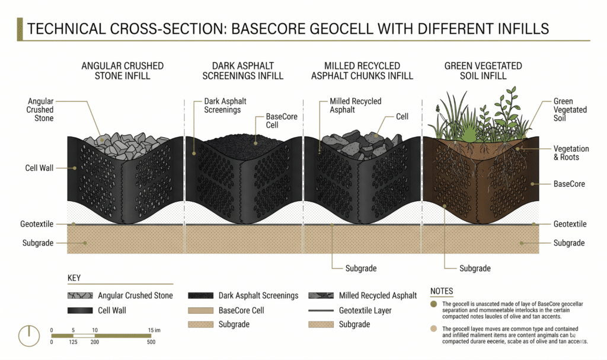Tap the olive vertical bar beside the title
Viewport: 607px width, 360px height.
[20, 29]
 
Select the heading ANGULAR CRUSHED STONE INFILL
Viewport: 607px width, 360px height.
[122, 71]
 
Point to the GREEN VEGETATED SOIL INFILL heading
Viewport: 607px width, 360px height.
[483, 71]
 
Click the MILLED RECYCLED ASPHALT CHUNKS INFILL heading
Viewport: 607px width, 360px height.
[362, 71]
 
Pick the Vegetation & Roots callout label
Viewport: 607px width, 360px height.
[571, 153]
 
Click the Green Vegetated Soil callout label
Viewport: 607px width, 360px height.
[570, 110]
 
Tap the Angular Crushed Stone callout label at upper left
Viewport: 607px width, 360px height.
[40, 110]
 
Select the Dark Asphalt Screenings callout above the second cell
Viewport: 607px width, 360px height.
[225, 106]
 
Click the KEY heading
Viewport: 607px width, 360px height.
[74, 278]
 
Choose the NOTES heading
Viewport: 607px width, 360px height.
[441, 291]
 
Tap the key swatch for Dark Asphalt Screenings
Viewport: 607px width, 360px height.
[200, 296]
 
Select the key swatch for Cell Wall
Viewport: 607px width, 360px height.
[80, 310]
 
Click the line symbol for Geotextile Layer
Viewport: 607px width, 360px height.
[321, 310]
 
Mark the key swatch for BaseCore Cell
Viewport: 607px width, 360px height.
[200, 310]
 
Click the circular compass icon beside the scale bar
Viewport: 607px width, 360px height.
[29, 336]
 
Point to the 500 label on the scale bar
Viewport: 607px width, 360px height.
[151, 342]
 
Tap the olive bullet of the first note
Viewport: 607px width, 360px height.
[433, 304]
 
